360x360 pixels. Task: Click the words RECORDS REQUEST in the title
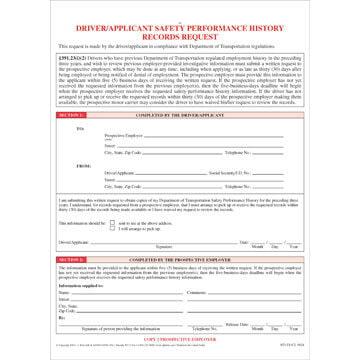[180, 30]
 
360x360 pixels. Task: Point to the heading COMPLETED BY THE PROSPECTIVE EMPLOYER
[180, 259]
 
